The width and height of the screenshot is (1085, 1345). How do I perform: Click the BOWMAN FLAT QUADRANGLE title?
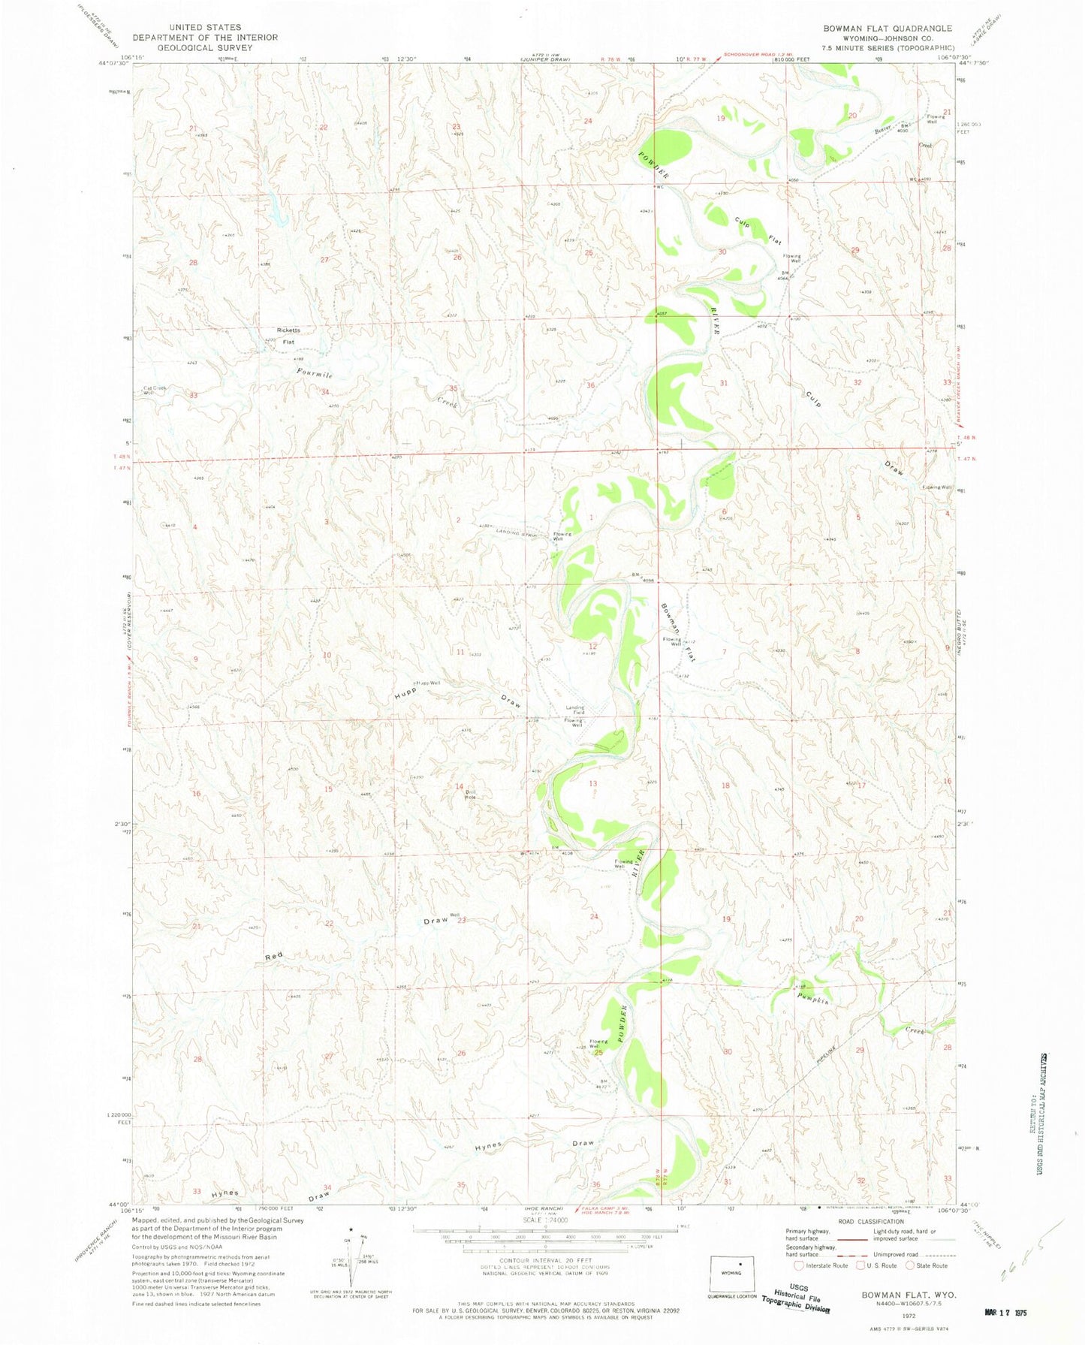coord(887,29)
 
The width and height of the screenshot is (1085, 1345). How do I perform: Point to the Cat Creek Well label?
coord(153,391)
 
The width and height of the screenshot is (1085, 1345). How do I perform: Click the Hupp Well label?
coord(427,683)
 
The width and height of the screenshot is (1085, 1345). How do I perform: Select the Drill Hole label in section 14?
coord(471,795)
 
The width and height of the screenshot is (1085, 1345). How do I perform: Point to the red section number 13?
coord(593,783)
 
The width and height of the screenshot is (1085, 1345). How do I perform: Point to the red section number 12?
coord(593,646)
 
